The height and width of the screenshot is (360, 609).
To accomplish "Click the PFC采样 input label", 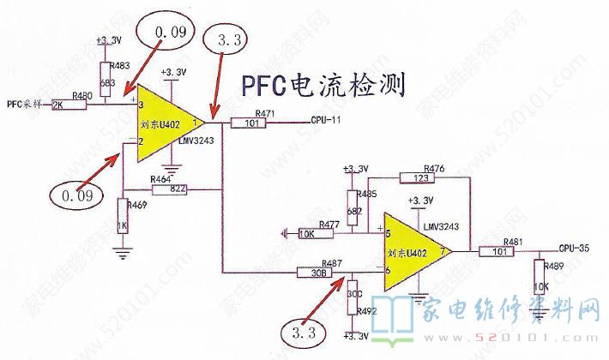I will (23, 105).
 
